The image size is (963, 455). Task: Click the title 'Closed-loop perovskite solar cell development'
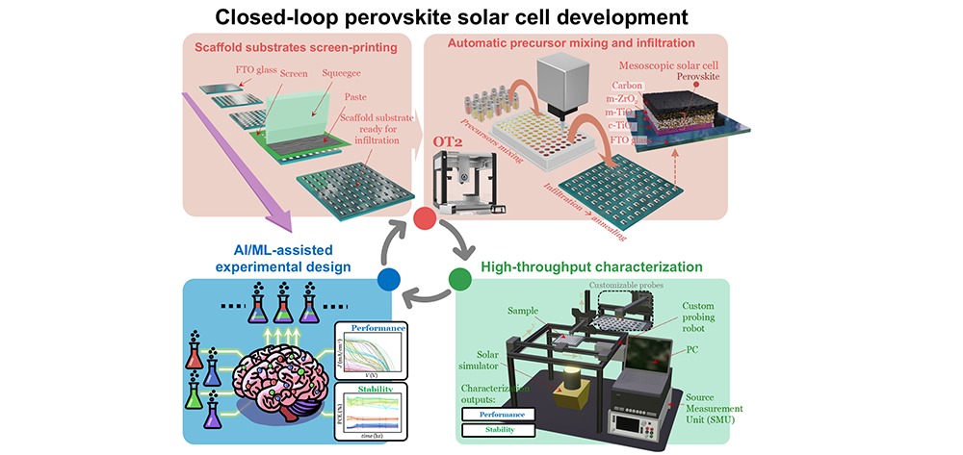(x=481, y=16)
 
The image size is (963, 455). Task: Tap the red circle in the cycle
(x=425, y=218)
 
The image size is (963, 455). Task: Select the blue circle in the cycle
(x=389, y=279)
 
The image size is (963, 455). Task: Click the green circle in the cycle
(x=459, y=279)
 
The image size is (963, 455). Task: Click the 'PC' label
(x=690, y=352)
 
